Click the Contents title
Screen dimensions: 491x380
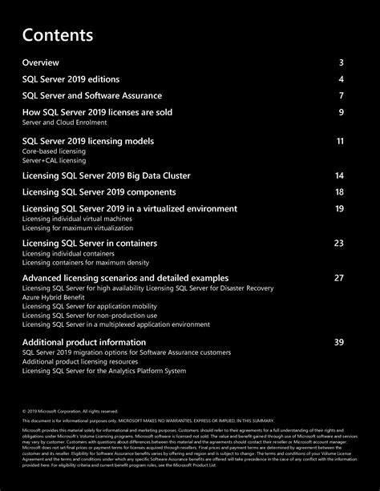(58, 36)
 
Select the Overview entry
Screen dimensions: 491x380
(40, 62)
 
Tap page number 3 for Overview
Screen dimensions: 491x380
(341, 62)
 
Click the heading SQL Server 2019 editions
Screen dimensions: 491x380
(71, 79)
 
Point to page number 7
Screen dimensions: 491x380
(341, 95)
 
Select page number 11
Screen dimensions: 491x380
(340, 141)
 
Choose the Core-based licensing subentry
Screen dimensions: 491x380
(54, 151)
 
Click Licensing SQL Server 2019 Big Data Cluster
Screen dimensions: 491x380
(106, 175)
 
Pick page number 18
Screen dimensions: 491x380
(339, 192)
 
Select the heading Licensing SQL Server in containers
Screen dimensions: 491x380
(89, 243)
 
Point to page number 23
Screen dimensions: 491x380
(338, 243)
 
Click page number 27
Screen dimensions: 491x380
(338, 277)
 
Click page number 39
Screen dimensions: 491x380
(338, 342)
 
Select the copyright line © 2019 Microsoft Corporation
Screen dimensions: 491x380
(71, 412)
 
